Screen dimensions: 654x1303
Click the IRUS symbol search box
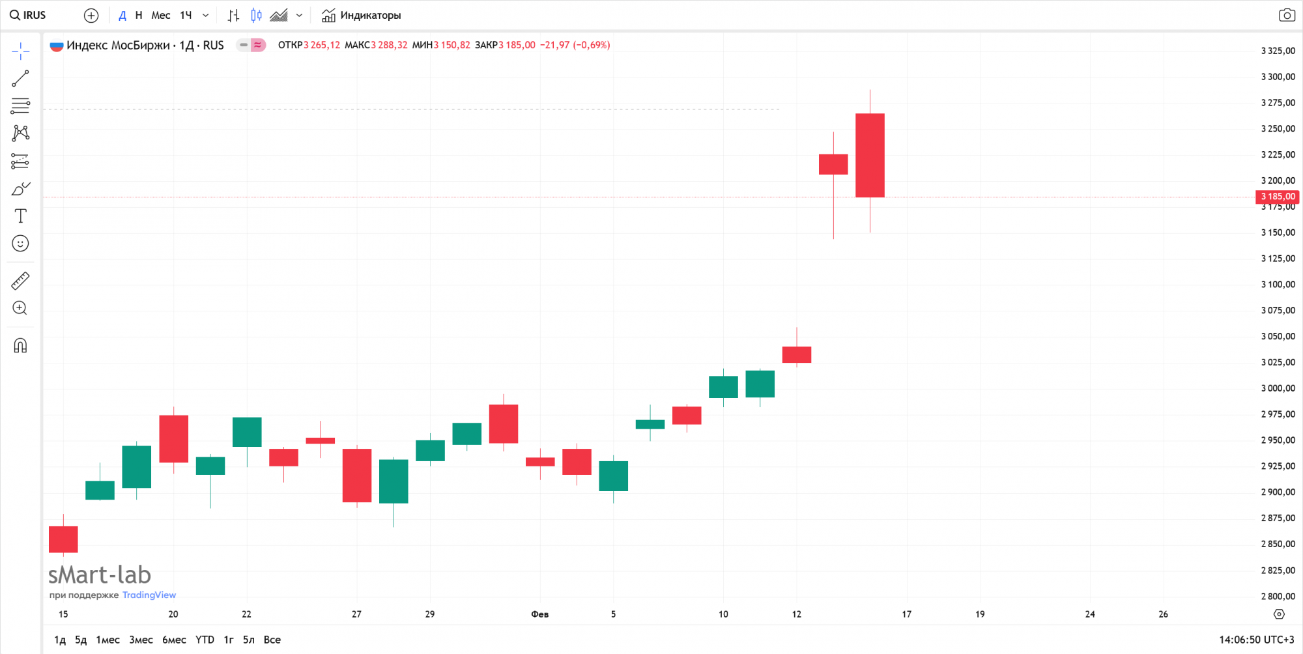pyautogui.click(x=29, y=15)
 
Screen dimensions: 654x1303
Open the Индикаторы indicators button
pyautogui.click(x=362, y=15)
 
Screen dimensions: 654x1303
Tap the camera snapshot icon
pyautogui.click(x=1287, y=15)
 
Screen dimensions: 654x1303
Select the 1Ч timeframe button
pyautogui.click(x=186, y=15)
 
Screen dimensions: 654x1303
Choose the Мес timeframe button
pyautogui.click(x=160, y=15)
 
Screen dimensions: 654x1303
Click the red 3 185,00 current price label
pyautogui.click(x=1277, y=197)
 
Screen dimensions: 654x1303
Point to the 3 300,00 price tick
pyautogui.click(x=1278, y=77)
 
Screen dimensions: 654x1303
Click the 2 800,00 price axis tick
pyautogui.click(x=1278, y=596)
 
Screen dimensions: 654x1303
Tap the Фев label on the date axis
pyautogui.click(x=539, y=614)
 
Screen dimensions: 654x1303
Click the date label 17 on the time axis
pyautogui.click(x=906, y=614)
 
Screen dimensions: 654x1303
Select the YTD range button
pyautogui.click(x=205, y=640)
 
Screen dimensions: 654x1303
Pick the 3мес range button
pyautogui.click(x=141, y=640)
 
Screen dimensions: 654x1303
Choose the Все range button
pyautogui.click(x=272, y=640)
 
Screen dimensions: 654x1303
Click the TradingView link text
pyautogui.click(x=149, y=595)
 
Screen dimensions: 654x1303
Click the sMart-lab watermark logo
pyautogui.click(x=100, y=575)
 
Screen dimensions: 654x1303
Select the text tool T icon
pyautogui.click(x=20, y=216)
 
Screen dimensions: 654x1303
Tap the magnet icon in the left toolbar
pyautogui.click(x=20, y=345)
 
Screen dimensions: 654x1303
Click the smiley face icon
pyautogui.click(x=20, y=244)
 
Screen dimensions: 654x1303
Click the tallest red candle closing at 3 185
pyautogui.click(x=870, y=155)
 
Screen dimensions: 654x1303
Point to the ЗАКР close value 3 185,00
pyautogui.click(x=517, y=45)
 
